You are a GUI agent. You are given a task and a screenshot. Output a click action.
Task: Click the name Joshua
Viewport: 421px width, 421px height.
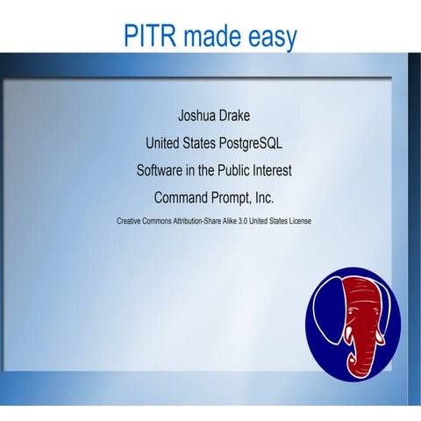[x=196, y=114]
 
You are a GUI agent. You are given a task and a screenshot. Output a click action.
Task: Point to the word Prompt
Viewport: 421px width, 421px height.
[x=236, y=197]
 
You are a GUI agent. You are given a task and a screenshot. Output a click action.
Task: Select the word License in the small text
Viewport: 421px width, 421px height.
[x=296, y=221]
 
